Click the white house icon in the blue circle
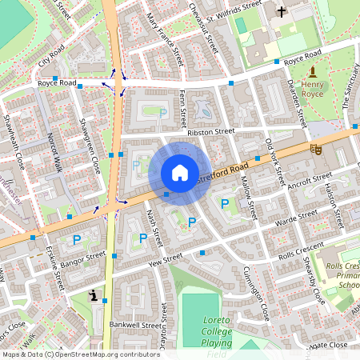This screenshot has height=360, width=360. [x=180, y=173]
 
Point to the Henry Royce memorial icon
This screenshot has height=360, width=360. [x=312, y=73]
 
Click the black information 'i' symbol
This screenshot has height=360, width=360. [x=95, y=296]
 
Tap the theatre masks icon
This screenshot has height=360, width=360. [x=316, y=148]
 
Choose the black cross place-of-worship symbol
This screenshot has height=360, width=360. [x=281, y=11]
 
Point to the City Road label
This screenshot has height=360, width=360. [x=50, y=56]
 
